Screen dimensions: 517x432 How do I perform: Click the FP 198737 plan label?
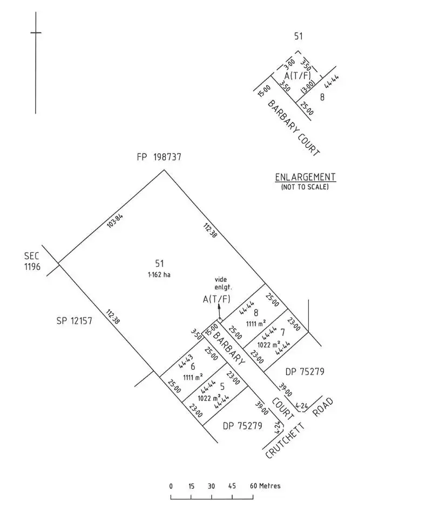tap(159, 157)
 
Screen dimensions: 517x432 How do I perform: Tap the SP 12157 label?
tap(75, 321)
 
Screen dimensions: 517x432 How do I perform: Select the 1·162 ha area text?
tap(159, 275)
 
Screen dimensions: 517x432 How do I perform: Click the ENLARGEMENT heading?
tap(305, 177)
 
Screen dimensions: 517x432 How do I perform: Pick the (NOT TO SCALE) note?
tap(305, 187)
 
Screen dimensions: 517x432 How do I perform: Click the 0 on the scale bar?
tap(171, 486)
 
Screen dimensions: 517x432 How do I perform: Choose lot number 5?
tap(222, 387)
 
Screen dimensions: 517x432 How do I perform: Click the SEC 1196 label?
tap(32, 261)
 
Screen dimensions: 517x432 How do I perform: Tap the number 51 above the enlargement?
tap(299, 37)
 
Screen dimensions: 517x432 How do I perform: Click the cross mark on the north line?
tap(36, 33)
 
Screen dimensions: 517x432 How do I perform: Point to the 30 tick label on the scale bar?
tap(211, 486)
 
